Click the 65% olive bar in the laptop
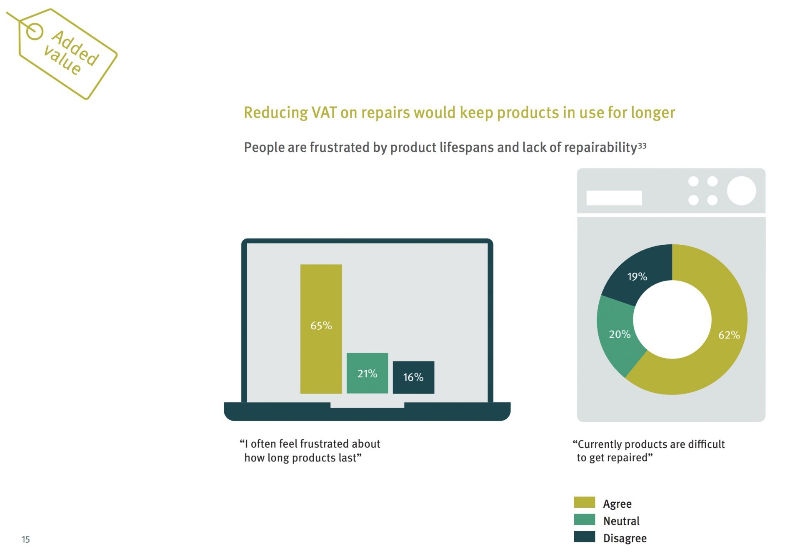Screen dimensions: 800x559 tap(321, 329)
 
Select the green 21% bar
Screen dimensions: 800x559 tap(367, 373)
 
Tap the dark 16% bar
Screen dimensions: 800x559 tap(413, 377)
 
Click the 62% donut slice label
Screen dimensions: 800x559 tap(729, 335)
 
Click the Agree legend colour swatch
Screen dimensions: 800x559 tap(584, 502)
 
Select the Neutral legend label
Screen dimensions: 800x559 tap(621, 521)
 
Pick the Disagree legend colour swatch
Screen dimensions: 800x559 tap(584, 536)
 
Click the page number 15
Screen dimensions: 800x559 tap(26, 539)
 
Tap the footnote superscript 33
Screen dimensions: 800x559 tap(642, 146)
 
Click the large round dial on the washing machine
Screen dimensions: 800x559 tap(742, 191)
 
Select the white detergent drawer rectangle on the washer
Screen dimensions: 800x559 tap(614, 198)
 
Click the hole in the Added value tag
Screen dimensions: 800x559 tap(35, 31)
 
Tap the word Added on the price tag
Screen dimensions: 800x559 tap(75, 48)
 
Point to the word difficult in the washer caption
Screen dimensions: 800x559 tap(706, 444)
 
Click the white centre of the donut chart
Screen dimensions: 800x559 tap(672, 319)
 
